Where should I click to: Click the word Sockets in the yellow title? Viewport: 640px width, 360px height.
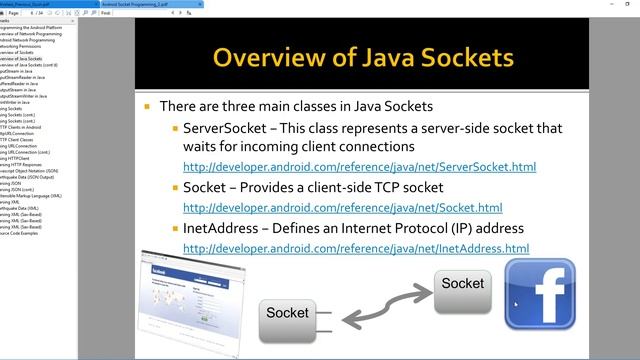point(461,56)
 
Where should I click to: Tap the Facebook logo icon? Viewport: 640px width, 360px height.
point(540,294)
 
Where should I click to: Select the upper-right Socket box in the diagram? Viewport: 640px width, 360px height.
point(463,284)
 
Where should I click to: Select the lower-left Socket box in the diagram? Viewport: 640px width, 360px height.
point(287,313)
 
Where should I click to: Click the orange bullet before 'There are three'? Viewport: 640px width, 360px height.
point(148,106)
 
